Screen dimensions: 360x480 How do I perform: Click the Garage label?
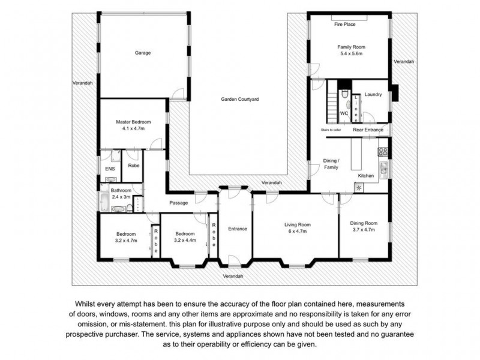click(142, 53)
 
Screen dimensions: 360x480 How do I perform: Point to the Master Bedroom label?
click(133, 122)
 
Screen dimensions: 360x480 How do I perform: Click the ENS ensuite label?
click(110, 169)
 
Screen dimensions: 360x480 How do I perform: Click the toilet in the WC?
click(344, 96)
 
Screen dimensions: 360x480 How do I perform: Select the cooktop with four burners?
click(382, 151)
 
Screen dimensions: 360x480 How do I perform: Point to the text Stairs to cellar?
click(331, 130)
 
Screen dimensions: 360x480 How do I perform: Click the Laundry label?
click(373, 94)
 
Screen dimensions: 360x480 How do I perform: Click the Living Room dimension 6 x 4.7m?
click(295, 230)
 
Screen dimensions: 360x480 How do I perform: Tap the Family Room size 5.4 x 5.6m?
click(351, 54)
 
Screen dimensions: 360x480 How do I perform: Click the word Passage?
click(179, 203)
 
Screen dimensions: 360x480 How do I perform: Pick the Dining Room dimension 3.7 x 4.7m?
click(364, 229)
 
